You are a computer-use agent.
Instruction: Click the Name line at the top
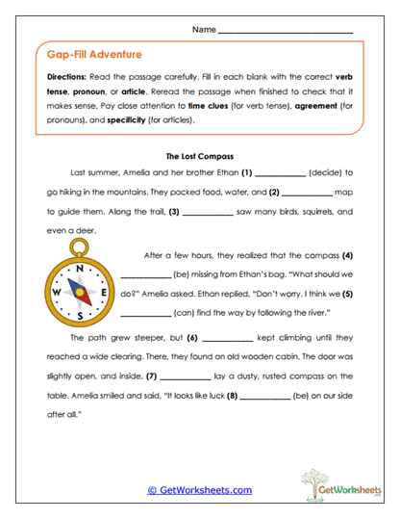[x=286, y=32]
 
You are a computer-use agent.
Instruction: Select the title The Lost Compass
[x=201, y=155]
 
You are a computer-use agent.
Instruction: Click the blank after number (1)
[x=281, y=174]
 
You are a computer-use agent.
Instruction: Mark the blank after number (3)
[x=207, y=212]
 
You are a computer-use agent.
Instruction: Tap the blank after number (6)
[x=227, y=340]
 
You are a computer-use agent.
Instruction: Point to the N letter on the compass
[x=79, y=269]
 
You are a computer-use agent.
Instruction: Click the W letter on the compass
[x=56, y=292]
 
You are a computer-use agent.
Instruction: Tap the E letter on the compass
[x=101, y=292]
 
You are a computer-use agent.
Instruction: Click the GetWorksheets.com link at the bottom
[x=200, y=490]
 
